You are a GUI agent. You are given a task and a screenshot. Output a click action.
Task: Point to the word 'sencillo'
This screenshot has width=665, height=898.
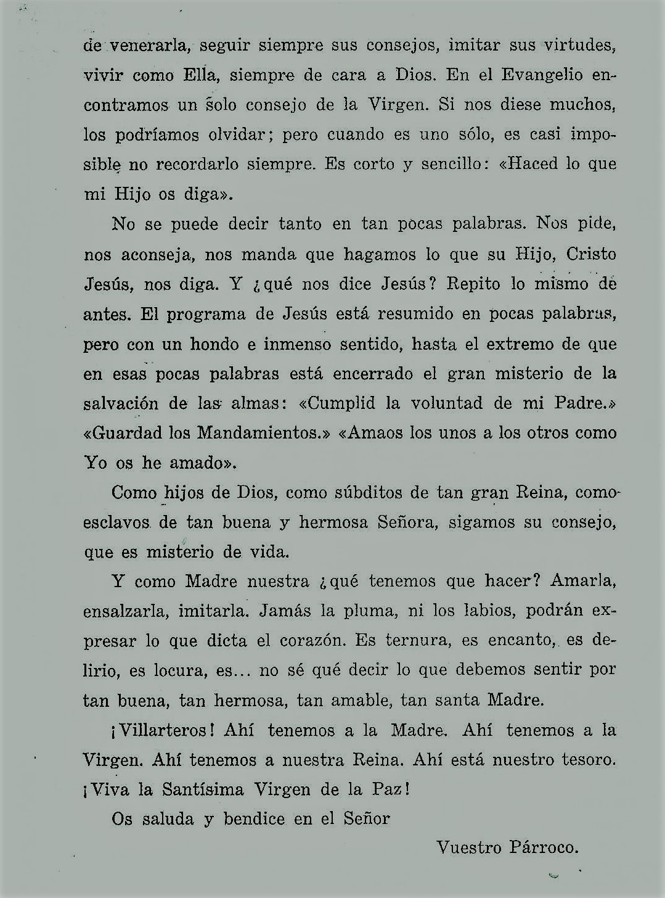click(459, 165)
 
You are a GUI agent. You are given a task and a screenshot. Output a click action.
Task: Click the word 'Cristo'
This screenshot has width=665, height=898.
click(591, 254)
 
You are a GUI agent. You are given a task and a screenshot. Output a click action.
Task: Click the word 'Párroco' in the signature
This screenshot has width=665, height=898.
click(544, 848)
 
